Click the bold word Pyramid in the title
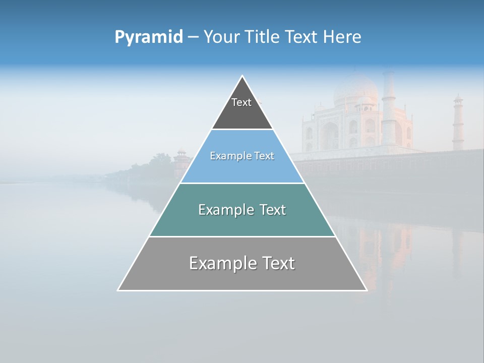click(148, 37)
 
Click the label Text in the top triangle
click(241, 102)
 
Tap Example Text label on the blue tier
click(242, 156)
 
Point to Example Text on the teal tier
click(242, 210)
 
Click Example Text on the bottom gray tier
click(242, 263)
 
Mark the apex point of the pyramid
click(243, 76)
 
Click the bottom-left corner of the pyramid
click(118, 290)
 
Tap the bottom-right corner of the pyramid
click(367, 290)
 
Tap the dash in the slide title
click(193, 37)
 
